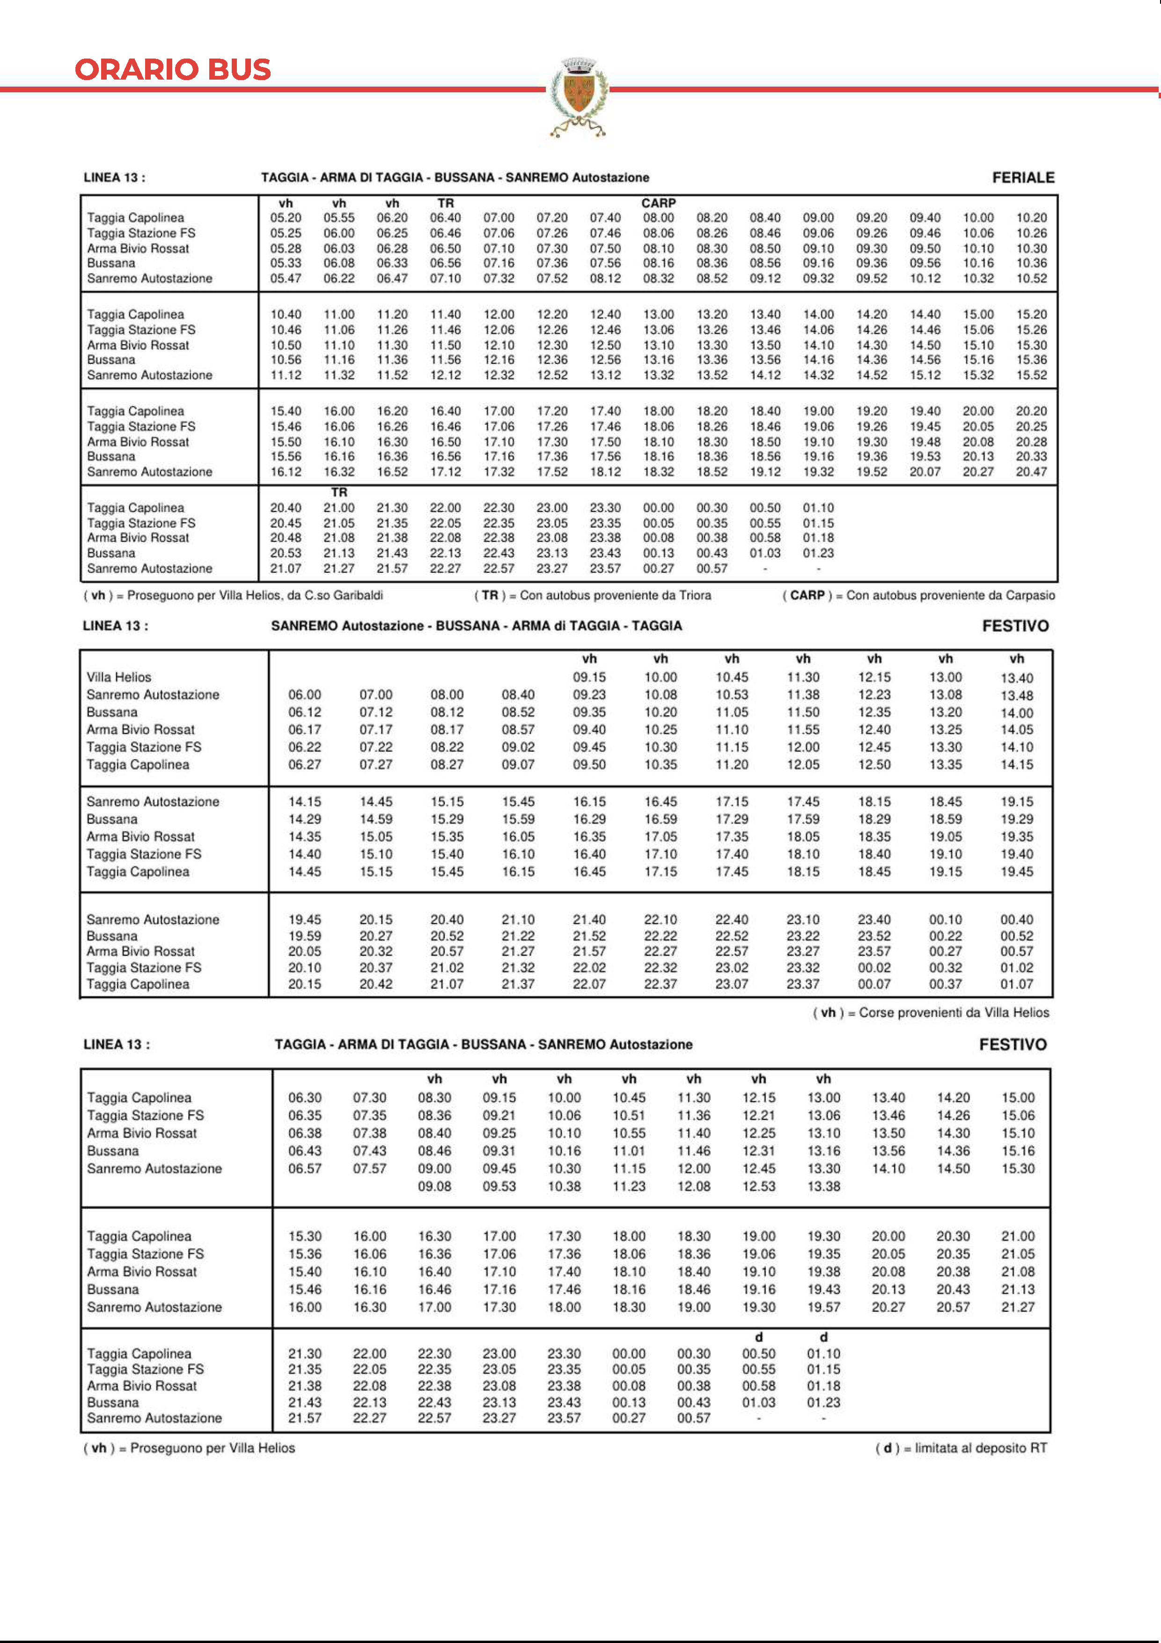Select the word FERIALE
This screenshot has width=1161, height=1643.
point(1023,178)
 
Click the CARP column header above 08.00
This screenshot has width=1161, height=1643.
point(658,203)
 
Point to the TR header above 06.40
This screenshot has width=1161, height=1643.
point(446,203)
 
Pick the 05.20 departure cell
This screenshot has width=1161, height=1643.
point(286,217)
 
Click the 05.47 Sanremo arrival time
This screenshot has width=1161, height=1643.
point(286,278)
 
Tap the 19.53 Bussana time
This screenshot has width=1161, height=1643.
point(925,457)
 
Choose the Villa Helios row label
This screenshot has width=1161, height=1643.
point(119,677)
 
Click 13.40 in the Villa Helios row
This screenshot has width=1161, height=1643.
point(1016,678)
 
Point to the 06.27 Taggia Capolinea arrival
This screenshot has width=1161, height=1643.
point(305,764)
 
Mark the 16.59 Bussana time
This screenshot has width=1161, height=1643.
point(660,819)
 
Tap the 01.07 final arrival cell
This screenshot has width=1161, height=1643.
point(1016,984)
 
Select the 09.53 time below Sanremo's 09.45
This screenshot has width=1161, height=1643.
point(500,1186)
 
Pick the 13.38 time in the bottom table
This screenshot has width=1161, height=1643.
point(823,1186)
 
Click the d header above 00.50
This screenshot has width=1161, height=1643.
point(759,1337)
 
